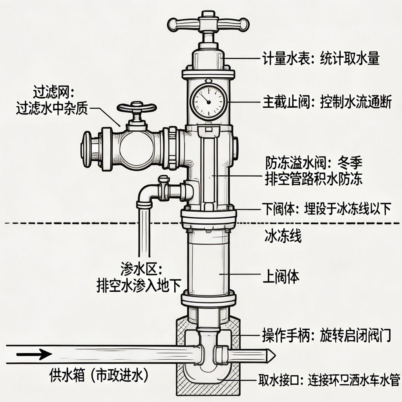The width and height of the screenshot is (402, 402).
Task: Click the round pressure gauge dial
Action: pyautogui.click(x=208, y=101)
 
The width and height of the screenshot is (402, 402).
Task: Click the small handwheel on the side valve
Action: pyautogui.click(x=137, y=107)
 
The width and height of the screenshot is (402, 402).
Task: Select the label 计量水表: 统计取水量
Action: pyautogui.click(x=321, y=59)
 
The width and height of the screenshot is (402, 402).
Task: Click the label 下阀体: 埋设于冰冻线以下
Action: pyautogui.click(x=327, y=209)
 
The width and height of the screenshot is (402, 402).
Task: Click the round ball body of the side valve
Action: pyautogui.click(x=136, y=147)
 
